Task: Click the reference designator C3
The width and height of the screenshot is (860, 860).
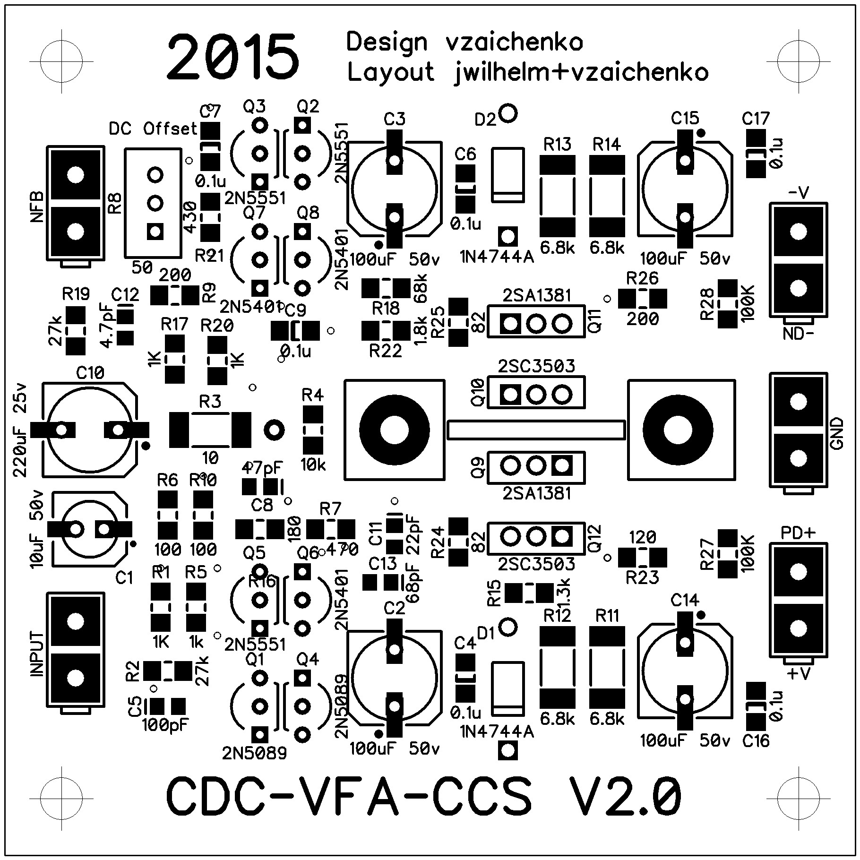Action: [x=395, y=119]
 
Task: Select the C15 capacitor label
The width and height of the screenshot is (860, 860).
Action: [x=685, y=118]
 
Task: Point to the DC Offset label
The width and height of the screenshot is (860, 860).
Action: [x=153, y=129]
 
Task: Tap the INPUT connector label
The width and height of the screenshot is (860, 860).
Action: [x=37, y=654]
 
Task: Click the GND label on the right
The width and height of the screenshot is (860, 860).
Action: [x=836, y=433]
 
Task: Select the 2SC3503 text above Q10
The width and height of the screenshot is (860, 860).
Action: [x=536, y=366]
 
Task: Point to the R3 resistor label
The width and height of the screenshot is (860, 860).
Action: [x=210, y=402]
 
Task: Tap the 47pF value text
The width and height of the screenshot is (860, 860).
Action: [x=262, y=468]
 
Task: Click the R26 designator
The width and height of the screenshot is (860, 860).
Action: [x=642, y=278]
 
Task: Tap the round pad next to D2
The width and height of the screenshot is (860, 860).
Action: [x=508, y=113]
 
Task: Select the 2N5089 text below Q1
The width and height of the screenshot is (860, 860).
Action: [x=255, y=753]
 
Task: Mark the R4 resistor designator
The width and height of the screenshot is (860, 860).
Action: [x=313, y=395]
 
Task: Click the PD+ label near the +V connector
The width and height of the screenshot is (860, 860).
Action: [x=798, y=533]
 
